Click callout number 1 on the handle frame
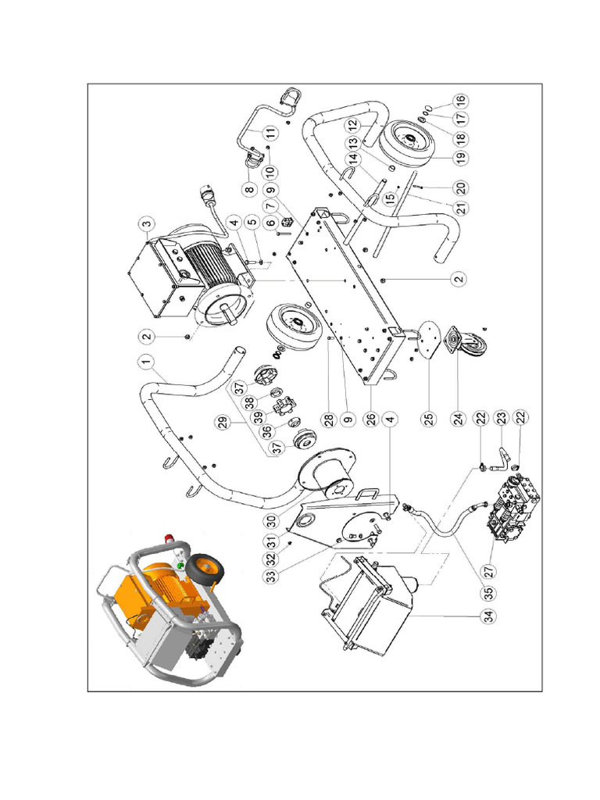tap(144, 361)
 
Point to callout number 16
tap(460, 101)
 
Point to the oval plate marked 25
tap(428, 339)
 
